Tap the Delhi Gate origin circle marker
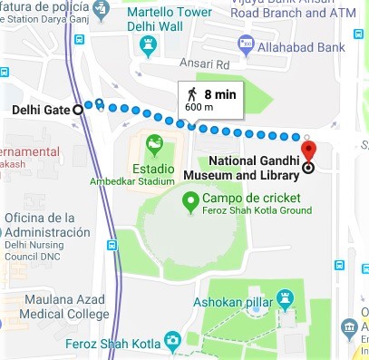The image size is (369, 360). [x=77, y=110]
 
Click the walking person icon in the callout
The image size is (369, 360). [x=192, y=94]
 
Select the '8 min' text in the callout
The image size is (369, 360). [x=220, y=93]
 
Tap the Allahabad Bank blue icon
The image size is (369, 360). [x=245, y=44]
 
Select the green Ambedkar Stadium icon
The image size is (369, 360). [x=154, y=142]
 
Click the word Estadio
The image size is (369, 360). [x=153, y=167]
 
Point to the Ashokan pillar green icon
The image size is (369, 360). [x=285, y=297]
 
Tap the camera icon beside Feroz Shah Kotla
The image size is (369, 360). [x=172, y=342]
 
